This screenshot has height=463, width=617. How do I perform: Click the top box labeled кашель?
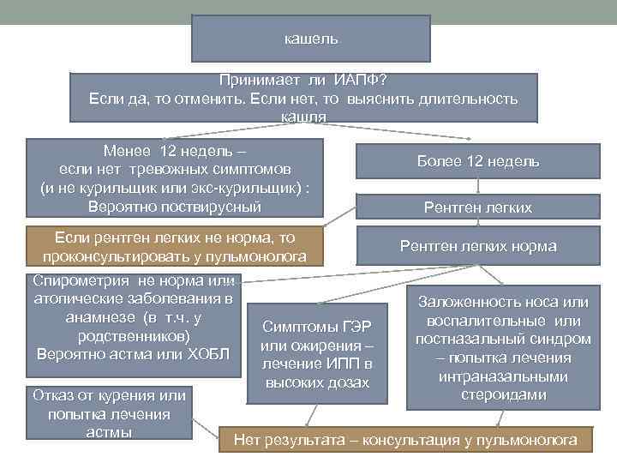click(x=310, y=39)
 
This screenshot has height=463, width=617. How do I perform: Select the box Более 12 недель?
click(x=478, y=161)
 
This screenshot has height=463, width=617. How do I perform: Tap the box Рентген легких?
click(x=478, y=207)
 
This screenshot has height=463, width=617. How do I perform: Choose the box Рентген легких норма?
click(x=478, y=247)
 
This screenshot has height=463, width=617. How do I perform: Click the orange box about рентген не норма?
click(x=175, y=247)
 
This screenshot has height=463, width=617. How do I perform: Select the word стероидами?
click(x=502, y=394)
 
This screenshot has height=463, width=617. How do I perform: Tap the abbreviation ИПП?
click(x=328, y=365)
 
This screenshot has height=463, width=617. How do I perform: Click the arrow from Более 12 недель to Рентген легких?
click(x=478, y=186)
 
